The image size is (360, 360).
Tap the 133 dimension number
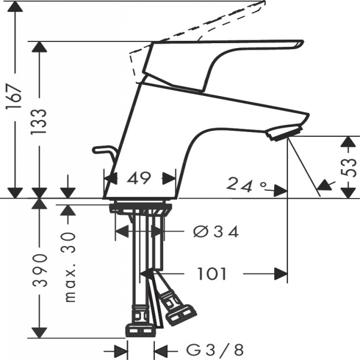coord(39,121)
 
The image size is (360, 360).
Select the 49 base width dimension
coord(139,178)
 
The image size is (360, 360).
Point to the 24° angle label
coord(247,185)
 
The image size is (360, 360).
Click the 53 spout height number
coord(349,167)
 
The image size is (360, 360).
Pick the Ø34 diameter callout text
coord(216,232)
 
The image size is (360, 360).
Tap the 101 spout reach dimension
coord(212,274)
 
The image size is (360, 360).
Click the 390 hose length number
coord(40,271)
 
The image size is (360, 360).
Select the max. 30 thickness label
coord(70,268)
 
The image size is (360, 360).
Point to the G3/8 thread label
coord(215,350)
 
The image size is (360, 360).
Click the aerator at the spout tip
coord(284,132)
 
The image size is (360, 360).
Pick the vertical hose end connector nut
coord(140,322)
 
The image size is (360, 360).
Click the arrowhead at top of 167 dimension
coord(15,6)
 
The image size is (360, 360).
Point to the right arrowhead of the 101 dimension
coord(281,274)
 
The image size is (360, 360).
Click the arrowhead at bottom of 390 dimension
coord(39,332)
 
